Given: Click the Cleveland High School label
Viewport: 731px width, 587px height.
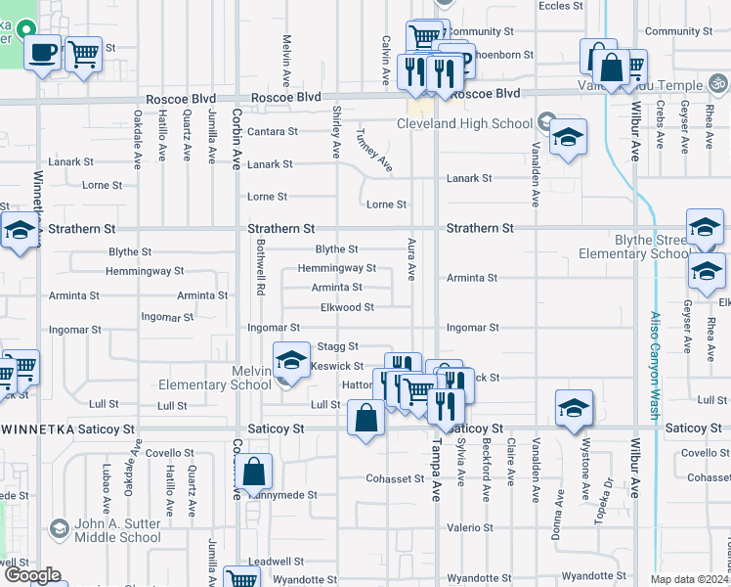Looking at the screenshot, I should click(x=464, y=123).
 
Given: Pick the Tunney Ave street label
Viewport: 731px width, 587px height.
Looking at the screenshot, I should click(x=375, y=150).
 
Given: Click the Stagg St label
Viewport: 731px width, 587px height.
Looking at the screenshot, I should click(x=339, y=346).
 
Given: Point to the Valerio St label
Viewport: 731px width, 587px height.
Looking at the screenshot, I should click(x=463, y=527).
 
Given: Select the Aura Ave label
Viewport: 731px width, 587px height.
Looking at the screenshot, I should click(x=411, y=257).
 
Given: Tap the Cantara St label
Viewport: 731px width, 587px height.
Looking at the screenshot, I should click(x=273, y=131).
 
